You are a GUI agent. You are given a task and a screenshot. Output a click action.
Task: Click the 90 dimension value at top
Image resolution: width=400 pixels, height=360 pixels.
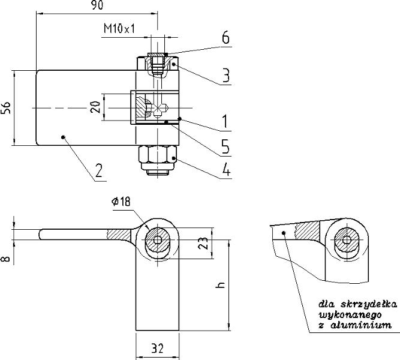pos(97,5)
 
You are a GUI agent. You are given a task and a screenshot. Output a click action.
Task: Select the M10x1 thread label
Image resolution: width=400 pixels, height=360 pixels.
pos(119,28)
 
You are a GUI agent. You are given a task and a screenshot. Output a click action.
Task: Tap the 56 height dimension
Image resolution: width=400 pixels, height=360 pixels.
pos(5,108)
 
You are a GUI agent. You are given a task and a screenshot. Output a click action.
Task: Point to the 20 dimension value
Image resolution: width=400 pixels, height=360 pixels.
pos(95,107)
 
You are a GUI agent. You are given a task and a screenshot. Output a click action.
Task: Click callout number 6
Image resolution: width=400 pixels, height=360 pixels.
pos(225,38)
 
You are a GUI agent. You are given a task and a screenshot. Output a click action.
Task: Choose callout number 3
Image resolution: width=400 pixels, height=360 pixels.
pos(226,76)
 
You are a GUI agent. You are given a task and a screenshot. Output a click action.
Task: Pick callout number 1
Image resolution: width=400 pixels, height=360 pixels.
pos(224,122)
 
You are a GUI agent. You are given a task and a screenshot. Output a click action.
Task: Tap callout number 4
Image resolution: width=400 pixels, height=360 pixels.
pos(227,170)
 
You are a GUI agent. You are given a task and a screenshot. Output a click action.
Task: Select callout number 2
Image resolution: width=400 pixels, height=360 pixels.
pos(99,171)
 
